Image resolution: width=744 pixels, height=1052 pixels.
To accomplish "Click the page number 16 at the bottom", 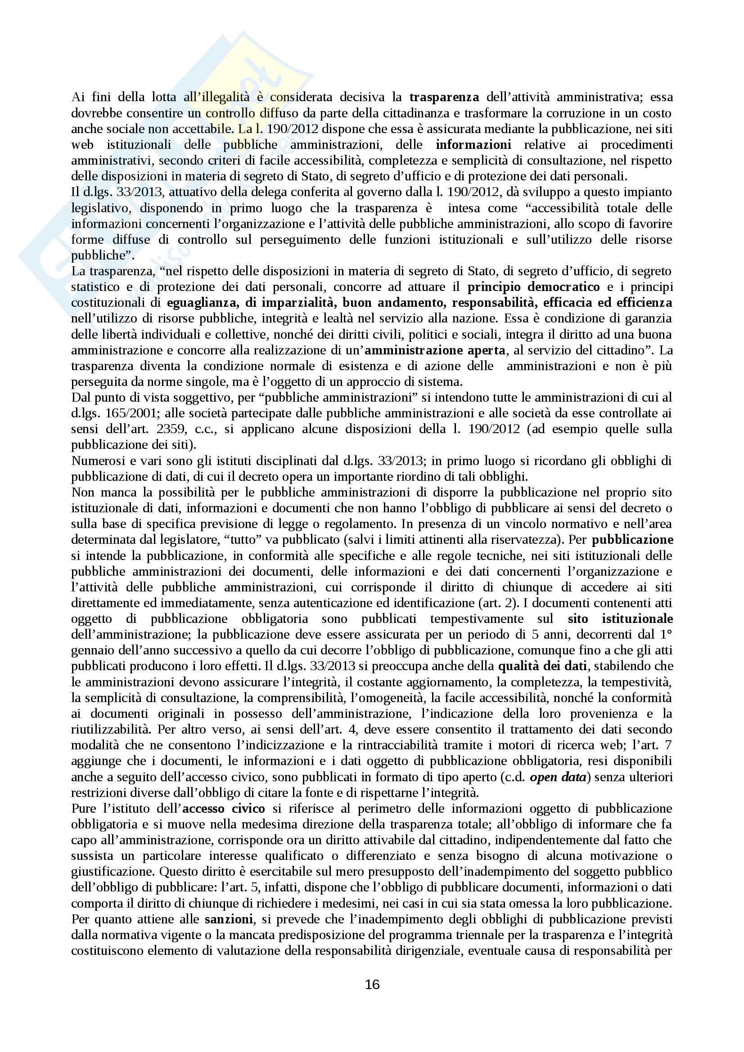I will click(x=372, y=984).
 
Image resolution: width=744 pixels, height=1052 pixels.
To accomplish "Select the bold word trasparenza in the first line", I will click(x=444, y=98).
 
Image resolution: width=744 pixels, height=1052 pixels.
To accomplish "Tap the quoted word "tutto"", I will click(x=243, y=540).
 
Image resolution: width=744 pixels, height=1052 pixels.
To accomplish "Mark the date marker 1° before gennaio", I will click(x=665, y=635).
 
